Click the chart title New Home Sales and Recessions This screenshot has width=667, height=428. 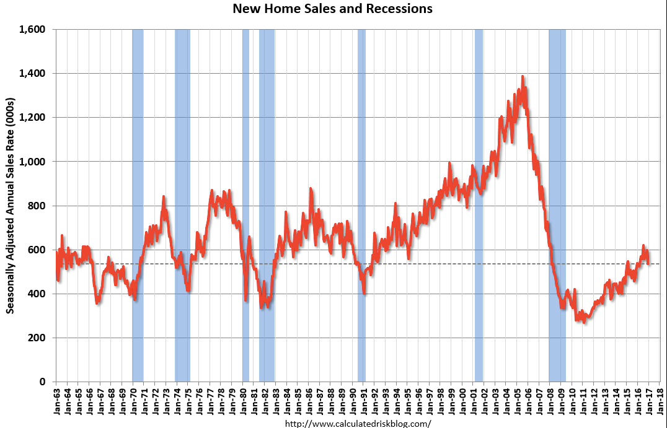coord(332,8)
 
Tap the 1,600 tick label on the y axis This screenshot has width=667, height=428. coord(32,29)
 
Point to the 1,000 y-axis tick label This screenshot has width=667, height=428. coord(32,162)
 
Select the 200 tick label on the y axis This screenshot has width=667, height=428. coord(37,338)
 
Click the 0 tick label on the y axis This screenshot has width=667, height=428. coord(42,382)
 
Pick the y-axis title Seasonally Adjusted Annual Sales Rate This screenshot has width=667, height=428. coord(10,206)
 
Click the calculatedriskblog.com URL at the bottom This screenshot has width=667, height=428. coord(358,423)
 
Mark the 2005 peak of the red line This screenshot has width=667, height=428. coord(523,77)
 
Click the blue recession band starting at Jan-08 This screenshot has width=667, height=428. coord(557,206)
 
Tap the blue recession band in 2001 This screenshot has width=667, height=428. coord(479,206)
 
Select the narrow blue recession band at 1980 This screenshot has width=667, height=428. coord(245,206)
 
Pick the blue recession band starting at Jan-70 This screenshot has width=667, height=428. coord(138,206)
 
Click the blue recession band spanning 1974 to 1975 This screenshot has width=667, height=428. coord(182,206)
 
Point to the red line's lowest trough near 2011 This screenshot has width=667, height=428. coord(585,322)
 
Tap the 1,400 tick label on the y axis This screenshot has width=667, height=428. coord(32,74)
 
